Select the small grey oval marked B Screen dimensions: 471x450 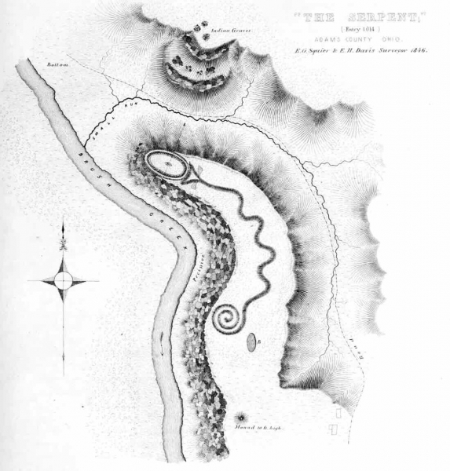coord(251,341)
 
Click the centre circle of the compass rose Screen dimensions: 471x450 coord(64,280)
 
